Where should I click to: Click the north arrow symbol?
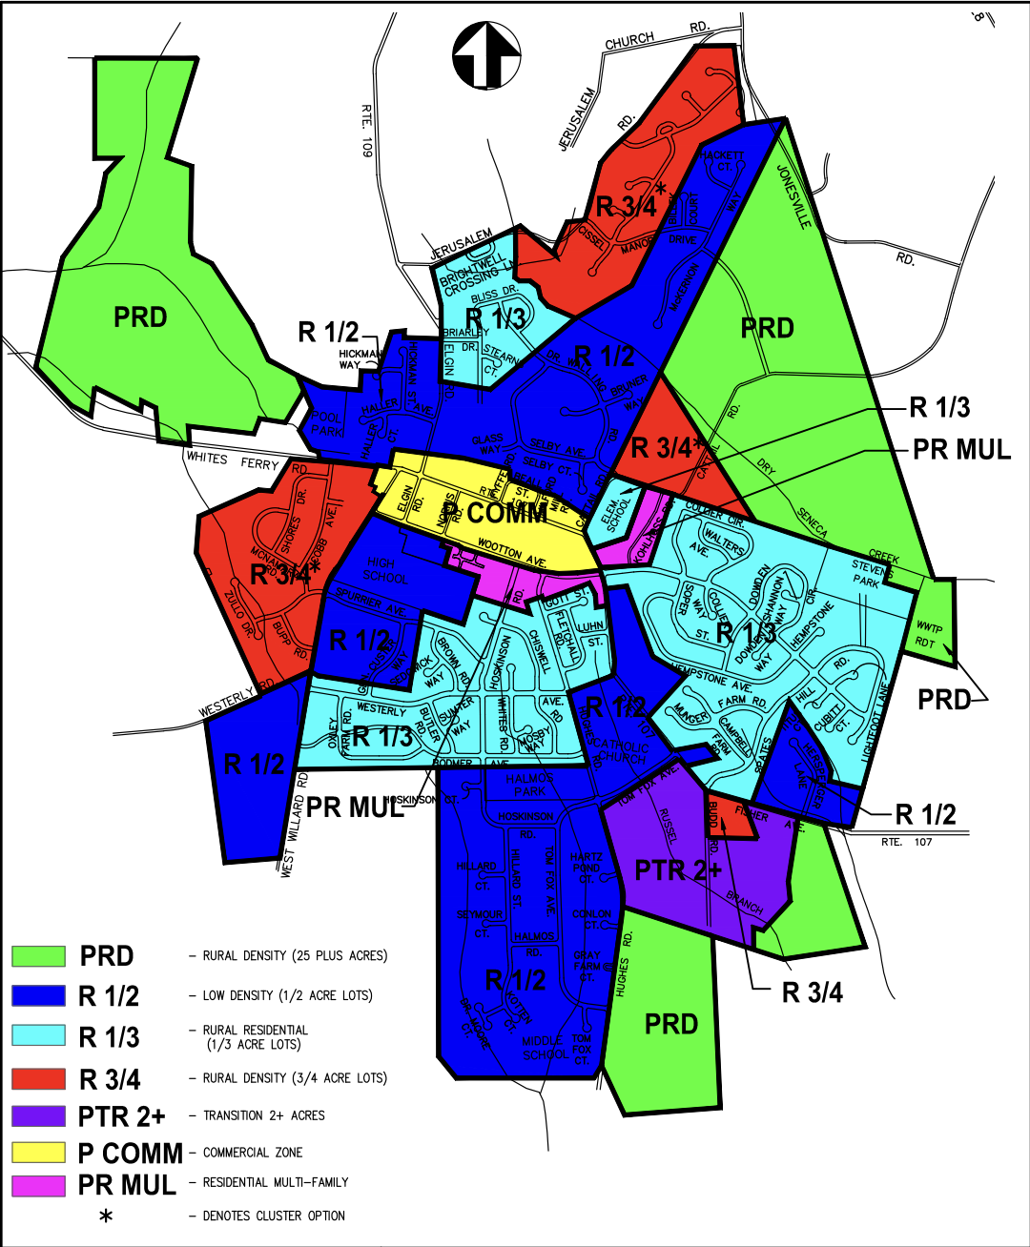485,55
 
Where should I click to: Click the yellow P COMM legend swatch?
38,1152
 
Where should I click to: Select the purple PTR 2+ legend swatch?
38,1114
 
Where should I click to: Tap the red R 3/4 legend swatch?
38,1078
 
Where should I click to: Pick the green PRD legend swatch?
38,955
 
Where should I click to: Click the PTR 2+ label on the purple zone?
678,869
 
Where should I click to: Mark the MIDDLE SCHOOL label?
545,1048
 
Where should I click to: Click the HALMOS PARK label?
530,785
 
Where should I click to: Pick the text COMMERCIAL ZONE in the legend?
253,1153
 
